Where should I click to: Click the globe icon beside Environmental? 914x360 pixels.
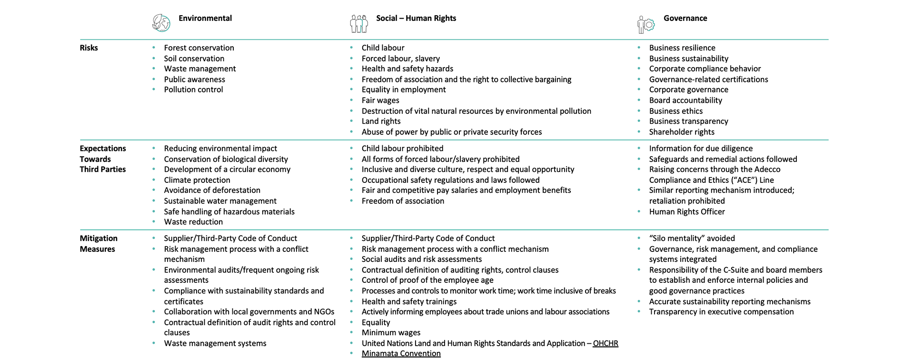(161, 23)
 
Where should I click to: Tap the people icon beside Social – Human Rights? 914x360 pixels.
(359, 23)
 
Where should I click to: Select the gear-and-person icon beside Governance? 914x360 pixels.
(646, 24)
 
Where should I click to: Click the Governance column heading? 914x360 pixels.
(685, 19)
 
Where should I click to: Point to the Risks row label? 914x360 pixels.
(89, 48)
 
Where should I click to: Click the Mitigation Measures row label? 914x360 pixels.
(98, 244)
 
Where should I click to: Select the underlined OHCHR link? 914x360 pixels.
(605, 343)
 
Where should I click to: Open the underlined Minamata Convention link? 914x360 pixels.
(401, 354)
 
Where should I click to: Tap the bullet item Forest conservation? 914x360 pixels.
(199, 48)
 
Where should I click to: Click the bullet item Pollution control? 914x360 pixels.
(193, 90)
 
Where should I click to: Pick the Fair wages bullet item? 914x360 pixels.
(380, 100)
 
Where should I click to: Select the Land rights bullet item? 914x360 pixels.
(381, 121)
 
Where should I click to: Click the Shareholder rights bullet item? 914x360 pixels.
(682, 132)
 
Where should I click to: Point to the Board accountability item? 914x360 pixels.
(685, 100)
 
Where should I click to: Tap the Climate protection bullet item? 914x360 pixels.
(197, 180)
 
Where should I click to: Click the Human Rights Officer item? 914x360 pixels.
(687, 212)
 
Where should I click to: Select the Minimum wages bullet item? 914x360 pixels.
(391, 333)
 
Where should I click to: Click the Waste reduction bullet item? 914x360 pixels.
(193, 222)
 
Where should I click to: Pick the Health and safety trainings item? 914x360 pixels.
(409, 302)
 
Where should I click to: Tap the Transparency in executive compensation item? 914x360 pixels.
(721, 312)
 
